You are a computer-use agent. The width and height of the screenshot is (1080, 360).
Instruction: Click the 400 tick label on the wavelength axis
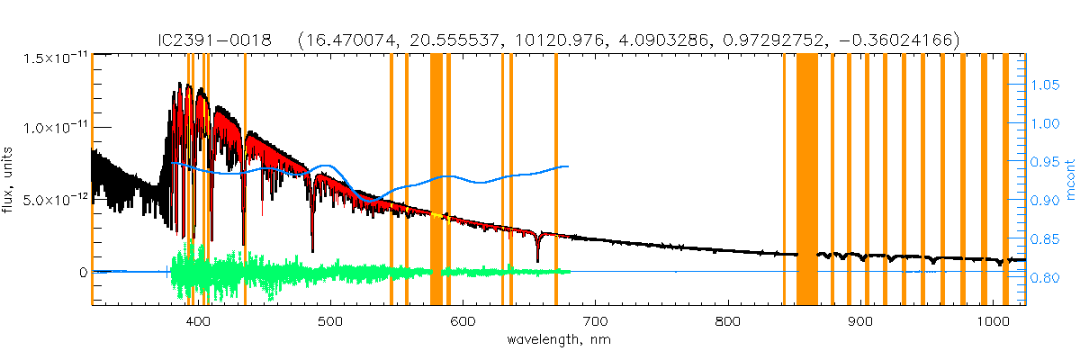pyautogui.click(x=199, y=322)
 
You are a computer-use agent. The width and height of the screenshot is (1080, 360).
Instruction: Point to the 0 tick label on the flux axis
pyautogui.click(x=84, y=272)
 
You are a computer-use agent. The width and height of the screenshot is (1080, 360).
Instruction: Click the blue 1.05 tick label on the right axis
pyautogui.click(x=1046, y=85)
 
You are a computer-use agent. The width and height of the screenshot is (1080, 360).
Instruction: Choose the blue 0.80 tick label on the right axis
pyautogui.click(x=1046, y=277)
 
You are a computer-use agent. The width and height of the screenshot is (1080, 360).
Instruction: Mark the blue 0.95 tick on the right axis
pyautogui.click(x=1046, y=162)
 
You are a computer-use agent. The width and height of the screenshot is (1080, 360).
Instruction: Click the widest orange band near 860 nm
pyautogui.click(x=807, y=180)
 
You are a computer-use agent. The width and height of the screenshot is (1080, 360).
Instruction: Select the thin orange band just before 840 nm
pyautogui.click(x=785, y=180)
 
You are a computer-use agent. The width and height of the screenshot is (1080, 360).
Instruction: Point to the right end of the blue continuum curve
pyautogui.click(x=567, y=166)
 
